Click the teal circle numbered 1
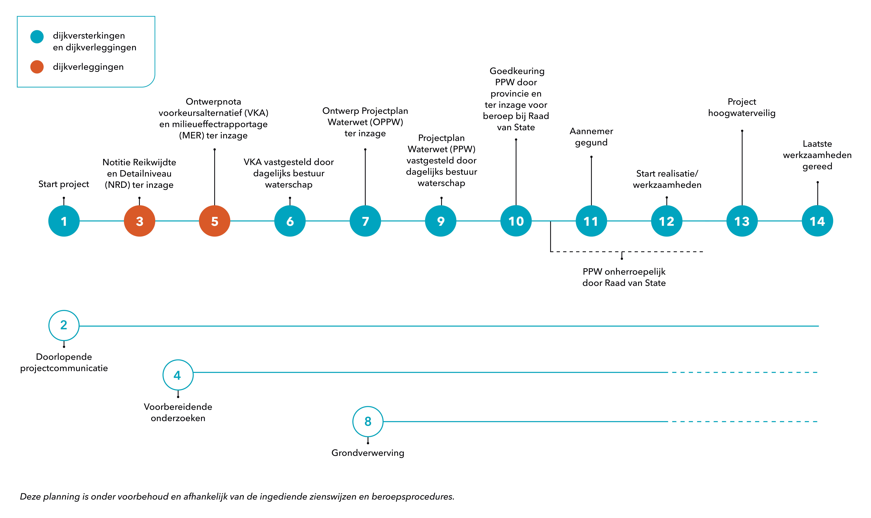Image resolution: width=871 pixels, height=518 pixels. [64, 221]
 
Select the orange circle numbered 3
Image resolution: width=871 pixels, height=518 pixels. [139, 221]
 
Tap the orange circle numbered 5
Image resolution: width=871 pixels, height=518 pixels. [215, 221]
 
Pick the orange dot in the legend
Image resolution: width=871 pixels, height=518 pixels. [37, 67]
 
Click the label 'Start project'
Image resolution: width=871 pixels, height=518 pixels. [64, 184]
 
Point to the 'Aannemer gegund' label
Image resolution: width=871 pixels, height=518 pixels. [591, 137]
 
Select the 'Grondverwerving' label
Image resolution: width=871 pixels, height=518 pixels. [368, 453]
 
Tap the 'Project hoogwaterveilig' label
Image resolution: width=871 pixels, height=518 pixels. [742, 107]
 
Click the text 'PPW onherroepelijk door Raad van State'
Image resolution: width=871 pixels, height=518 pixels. [624, 277]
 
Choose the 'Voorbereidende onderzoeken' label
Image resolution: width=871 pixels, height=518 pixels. [178, 412]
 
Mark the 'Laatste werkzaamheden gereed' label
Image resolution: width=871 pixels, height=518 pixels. [817, 155]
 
